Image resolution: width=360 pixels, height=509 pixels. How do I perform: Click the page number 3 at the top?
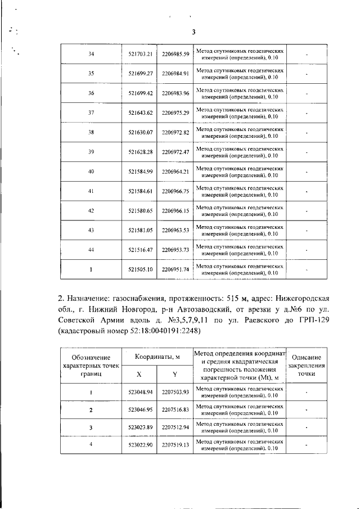click(x=193, y=32)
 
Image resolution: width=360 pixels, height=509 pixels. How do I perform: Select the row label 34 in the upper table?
click(x=92, y=54)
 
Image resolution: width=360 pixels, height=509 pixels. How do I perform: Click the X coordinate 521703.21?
click(x=141, y=54)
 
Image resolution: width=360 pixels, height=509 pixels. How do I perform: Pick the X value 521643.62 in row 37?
click(x=141, y=113)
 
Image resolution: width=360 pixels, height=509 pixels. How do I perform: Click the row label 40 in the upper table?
click(x=92, y=172)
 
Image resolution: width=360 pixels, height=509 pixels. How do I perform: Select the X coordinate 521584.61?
click(x=141, y=192)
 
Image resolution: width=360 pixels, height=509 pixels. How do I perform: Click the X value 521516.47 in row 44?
click(x=141, y=250)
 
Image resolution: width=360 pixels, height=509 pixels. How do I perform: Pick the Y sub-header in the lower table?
click(x=175, y=374)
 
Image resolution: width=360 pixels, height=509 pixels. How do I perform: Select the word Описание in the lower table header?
click(x=307, y=358)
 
